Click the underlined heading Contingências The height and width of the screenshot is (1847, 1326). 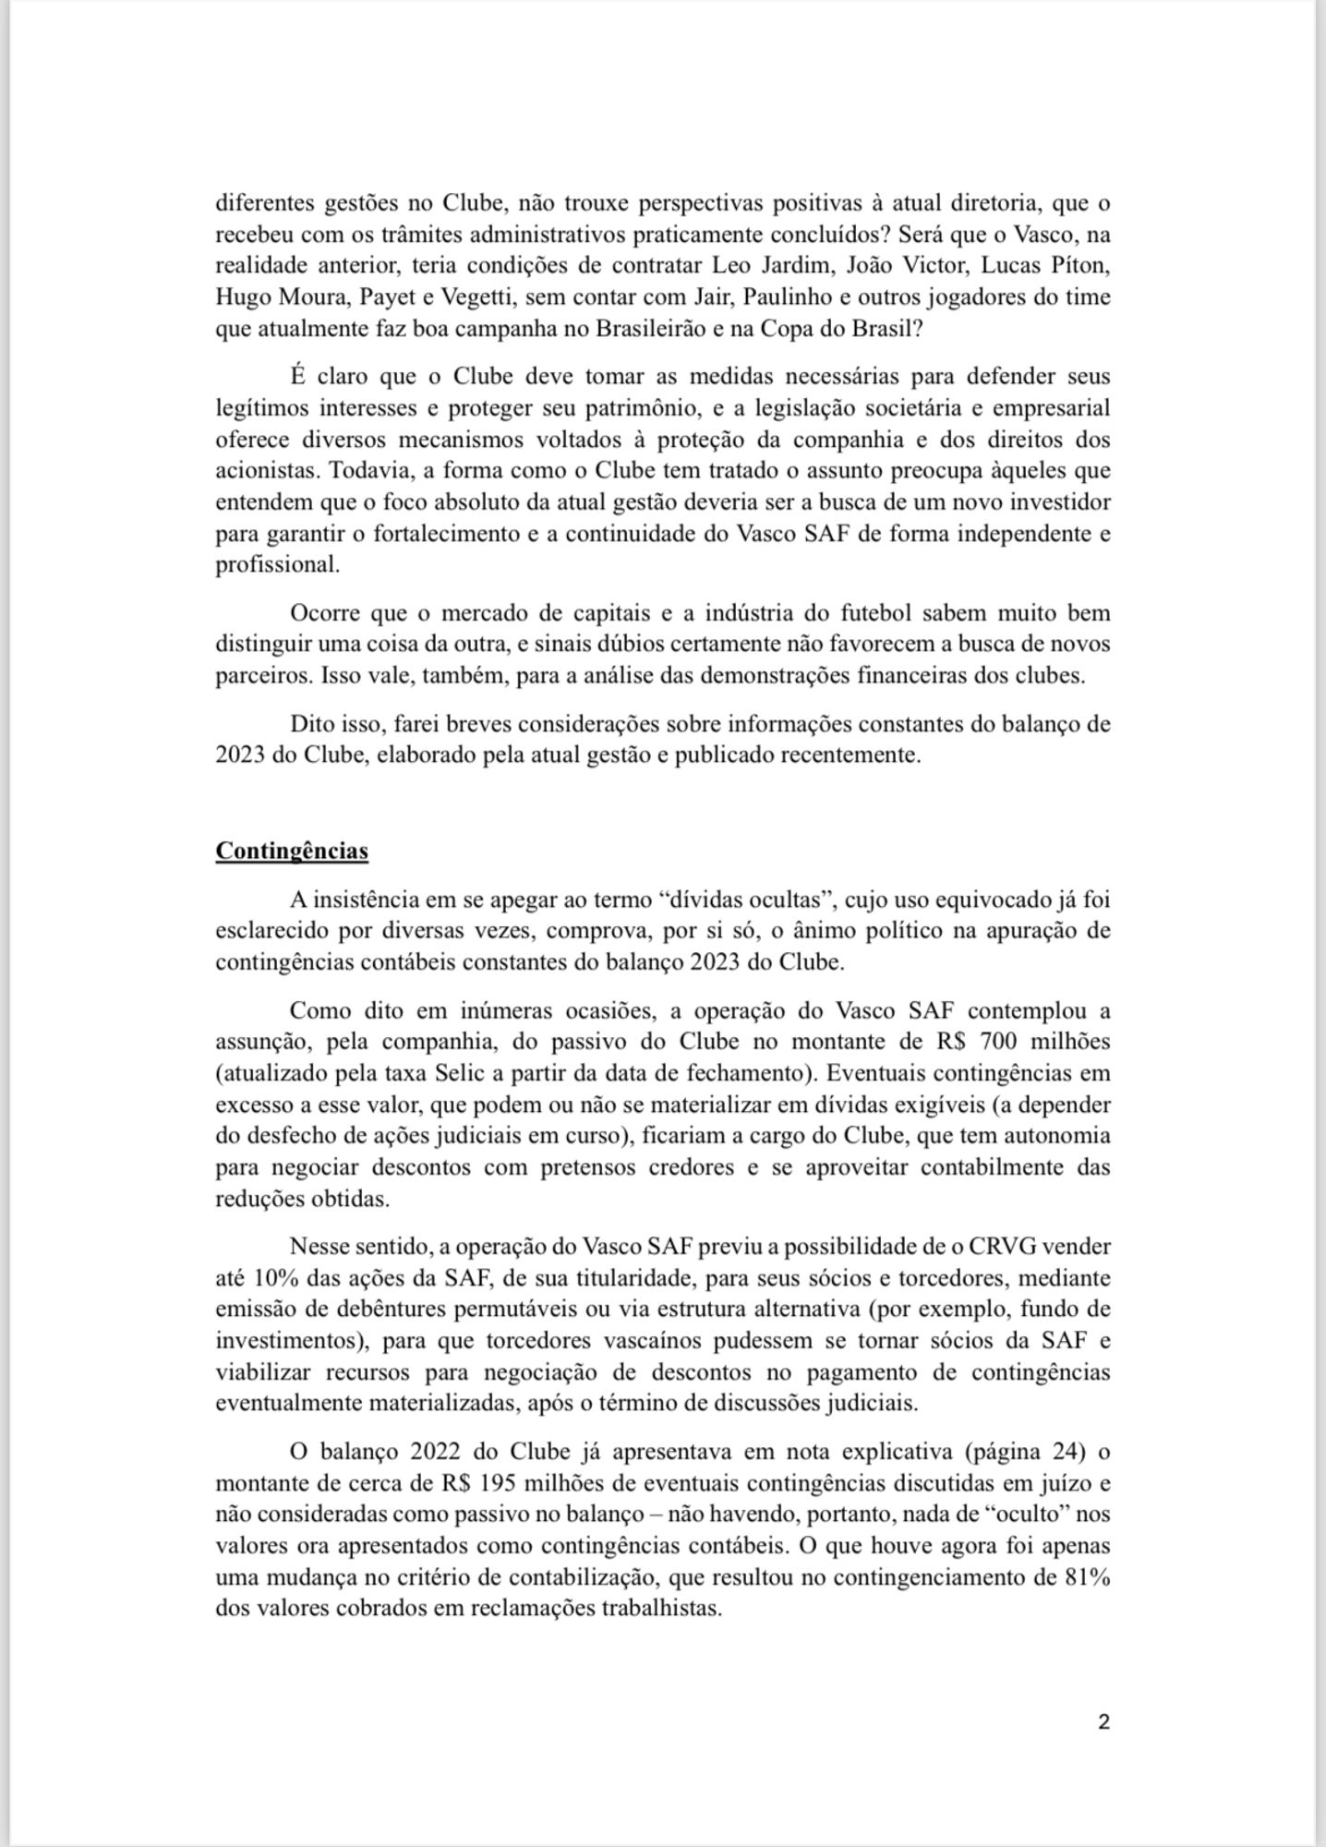292,851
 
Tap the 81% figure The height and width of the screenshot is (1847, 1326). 1087,1576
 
